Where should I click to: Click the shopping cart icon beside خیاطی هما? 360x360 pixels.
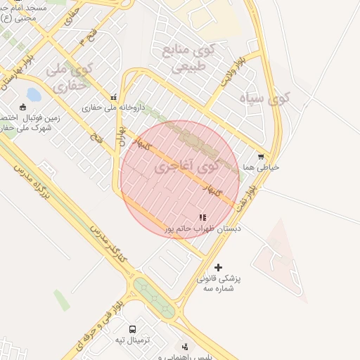262,157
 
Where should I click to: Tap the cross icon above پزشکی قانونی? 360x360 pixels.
218,267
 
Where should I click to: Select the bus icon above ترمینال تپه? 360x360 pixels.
133,329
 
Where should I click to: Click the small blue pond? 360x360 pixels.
33,94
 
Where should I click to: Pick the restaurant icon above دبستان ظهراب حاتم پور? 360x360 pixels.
203,218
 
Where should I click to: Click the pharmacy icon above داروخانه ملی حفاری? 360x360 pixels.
114,97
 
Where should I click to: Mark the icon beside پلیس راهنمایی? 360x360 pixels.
185,347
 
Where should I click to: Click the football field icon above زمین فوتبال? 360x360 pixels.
23,107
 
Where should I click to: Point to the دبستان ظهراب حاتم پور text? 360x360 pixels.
203,229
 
